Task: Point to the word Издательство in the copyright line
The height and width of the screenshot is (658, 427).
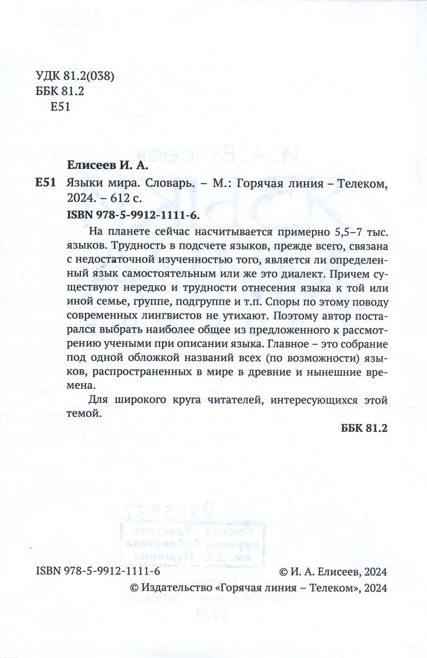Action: tap(176, 587)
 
